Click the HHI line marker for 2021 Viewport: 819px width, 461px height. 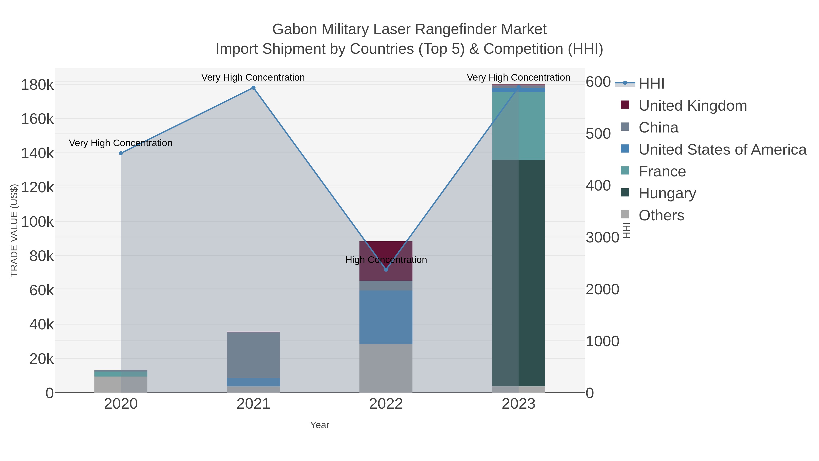pyautogui.click(x=253, y=88)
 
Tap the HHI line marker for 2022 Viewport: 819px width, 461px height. pyautogui.click(x=386, y=270)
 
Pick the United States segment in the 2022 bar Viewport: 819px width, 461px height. pyautogui.click(x=386, y=317)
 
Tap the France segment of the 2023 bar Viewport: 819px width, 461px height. pyautogui.click(x=518, y=126)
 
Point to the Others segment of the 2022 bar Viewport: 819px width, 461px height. pyautogui.click(x=386, y=368)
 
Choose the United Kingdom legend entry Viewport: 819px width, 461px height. pyautogui.click(x=693, y=106)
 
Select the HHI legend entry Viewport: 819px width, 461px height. pyautogui.click(x=651, y=83)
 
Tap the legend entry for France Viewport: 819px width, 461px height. pyautogui.click(x=662, y=171)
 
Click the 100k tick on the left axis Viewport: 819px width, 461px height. pyautogui.click(x=38, y=222)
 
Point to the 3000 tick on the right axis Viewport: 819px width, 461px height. pyautogui.click(x=602, y=237)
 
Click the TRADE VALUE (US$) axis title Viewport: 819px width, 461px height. pyautogui.click(x=14, y=230)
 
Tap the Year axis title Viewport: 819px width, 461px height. pyautogui.click(x=320, y=425)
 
